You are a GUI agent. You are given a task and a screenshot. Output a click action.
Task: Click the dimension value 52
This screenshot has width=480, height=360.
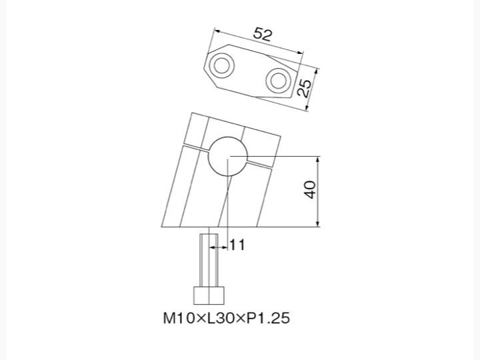tap(263, 34)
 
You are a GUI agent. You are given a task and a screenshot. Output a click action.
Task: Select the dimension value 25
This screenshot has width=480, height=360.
tap(305, 88)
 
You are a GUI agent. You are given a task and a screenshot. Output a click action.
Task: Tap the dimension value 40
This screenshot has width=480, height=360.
tap(310, 190)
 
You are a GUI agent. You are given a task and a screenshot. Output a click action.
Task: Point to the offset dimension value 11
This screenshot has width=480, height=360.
tap(237, 245)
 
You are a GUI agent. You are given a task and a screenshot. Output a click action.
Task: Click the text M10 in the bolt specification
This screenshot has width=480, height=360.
tap(179, 318)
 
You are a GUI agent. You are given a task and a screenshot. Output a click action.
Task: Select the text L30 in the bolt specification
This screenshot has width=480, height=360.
tap(222, 318)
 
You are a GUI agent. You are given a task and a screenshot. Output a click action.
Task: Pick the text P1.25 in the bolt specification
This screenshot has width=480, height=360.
tap(268, 318)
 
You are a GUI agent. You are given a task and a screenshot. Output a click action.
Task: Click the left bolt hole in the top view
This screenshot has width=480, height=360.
tap(221, 65)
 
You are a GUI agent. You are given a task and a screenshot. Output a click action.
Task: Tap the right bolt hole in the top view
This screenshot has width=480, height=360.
tap(278, 80)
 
